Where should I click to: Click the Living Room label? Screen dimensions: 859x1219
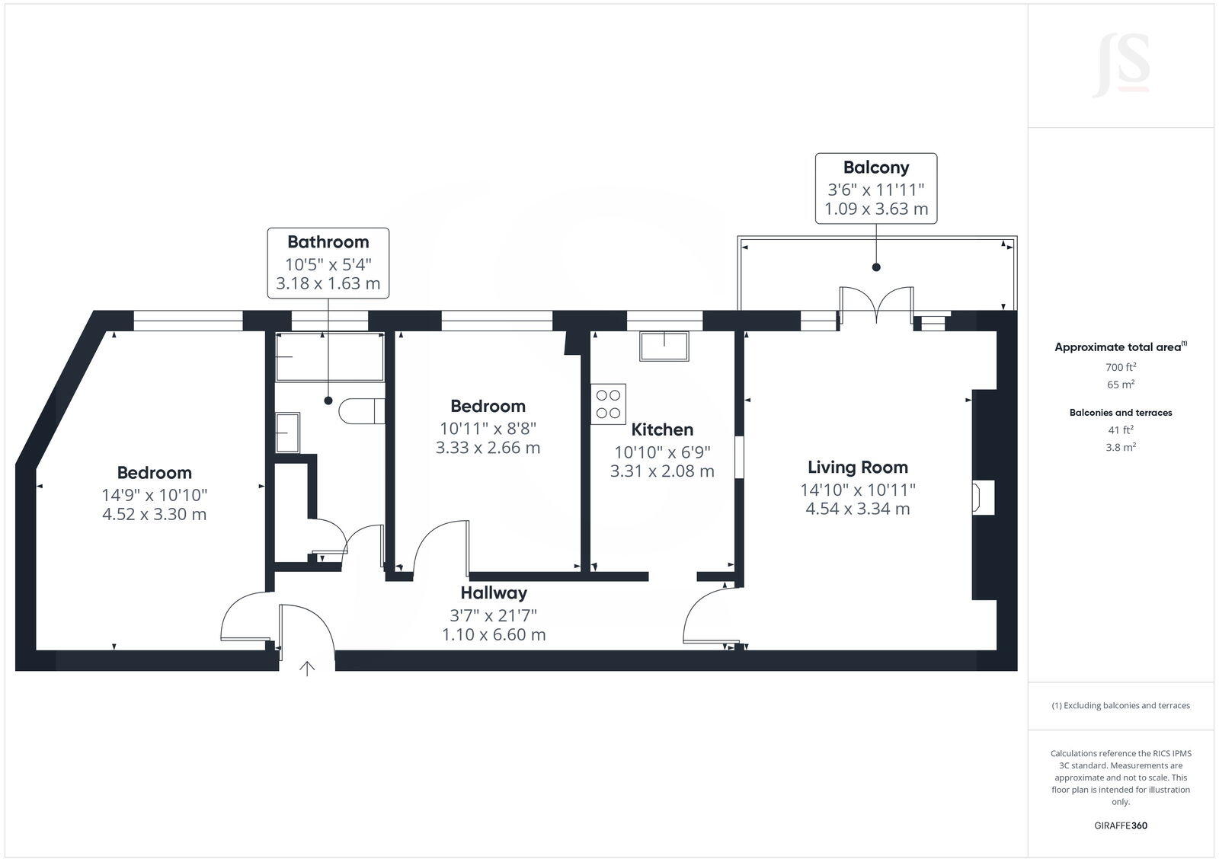point(857,467)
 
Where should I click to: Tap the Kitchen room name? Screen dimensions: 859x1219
point(662,429)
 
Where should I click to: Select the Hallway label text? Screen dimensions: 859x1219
point(494,592)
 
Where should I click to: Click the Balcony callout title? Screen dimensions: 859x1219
point(876,168)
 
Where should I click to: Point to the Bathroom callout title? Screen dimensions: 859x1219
point(328,242)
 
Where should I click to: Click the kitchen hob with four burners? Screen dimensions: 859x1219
point(608,404)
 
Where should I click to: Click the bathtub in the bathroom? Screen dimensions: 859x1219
point(329,356)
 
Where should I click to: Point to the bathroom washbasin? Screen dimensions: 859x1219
point(287,433)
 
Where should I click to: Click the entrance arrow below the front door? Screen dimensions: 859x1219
point(307,669)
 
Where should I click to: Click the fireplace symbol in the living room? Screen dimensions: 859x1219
point(981,497)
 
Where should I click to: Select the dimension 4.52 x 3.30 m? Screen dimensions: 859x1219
point(154,514)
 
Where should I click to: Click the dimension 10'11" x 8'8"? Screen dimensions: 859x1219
point(488,428)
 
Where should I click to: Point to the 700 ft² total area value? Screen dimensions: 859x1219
point(1121,367)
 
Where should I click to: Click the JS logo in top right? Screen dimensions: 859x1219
point(1121,65)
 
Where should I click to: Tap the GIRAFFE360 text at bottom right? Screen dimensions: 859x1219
point(1121,825)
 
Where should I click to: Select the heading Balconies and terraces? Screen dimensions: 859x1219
point(1121,413)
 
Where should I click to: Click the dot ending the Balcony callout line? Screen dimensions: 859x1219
point(876,267)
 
